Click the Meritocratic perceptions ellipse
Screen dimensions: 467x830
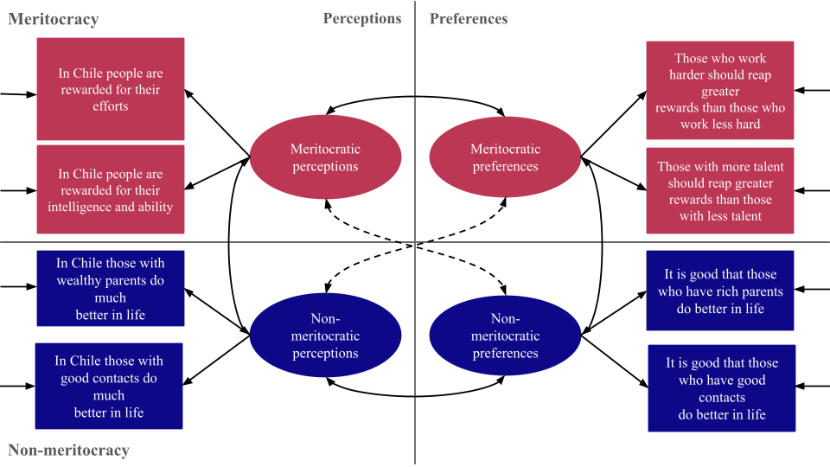click(x=325, y=157)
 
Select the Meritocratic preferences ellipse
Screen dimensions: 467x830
click(x=505, y=157)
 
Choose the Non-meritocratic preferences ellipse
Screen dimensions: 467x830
click(x=505, y=336)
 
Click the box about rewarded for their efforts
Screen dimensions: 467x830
click(x=111, y=89)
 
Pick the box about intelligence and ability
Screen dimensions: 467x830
click(x=111, y=190)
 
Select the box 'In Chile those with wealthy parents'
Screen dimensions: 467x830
click(x=110, y=289)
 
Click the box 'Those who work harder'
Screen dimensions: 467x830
click(x=720, y=91)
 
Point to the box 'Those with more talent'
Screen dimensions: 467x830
click(x=720, y=191)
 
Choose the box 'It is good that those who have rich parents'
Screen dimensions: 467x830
click(x=720, y=291)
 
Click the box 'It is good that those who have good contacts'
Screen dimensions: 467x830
click(x=721, y=388)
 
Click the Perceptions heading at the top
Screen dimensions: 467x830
click(x=362, y=18)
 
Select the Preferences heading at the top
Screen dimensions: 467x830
click(x=469, y=18)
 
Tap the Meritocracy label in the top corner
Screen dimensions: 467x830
click(x=54, y=19)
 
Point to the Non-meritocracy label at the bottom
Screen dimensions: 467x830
click(x=69, y=450)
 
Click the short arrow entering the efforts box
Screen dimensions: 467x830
click(x=17, y=93)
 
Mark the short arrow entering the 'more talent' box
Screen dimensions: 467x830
click(x=813, y=190)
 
